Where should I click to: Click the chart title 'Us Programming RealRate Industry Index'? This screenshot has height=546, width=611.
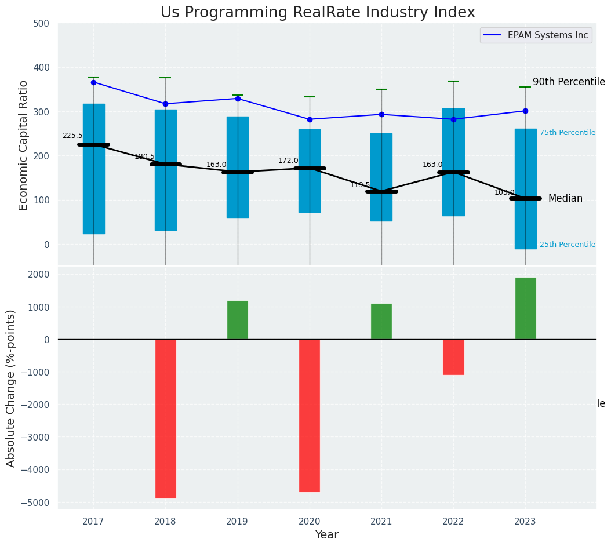coord(318,13)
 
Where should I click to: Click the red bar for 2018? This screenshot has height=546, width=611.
coord(165,418)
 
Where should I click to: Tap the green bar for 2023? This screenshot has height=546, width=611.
coord(525,308)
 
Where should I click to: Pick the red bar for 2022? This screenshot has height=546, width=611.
coord(453,357)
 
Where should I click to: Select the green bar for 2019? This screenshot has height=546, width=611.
coord(237,320)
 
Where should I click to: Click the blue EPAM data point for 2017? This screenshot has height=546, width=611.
coord(93,82)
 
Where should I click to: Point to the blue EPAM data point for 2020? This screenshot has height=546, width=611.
coord(310,119)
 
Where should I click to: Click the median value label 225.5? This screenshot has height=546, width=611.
coord(72,136)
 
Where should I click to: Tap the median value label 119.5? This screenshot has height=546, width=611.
coord(360,185)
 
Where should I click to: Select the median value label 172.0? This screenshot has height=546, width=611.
coord(288,161)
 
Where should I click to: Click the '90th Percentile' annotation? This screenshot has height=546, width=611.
coord(569,82)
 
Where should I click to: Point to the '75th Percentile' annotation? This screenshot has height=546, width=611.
coord(568,133)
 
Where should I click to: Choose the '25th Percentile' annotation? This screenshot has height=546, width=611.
coord(568,245)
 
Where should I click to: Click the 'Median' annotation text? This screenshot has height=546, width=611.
coord(565,199)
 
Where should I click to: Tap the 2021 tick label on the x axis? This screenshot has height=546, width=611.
coord(381,522)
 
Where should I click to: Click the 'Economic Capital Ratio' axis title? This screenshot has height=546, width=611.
coord(24,145)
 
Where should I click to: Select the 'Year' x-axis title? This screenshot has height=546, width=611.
coord(327,535)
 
